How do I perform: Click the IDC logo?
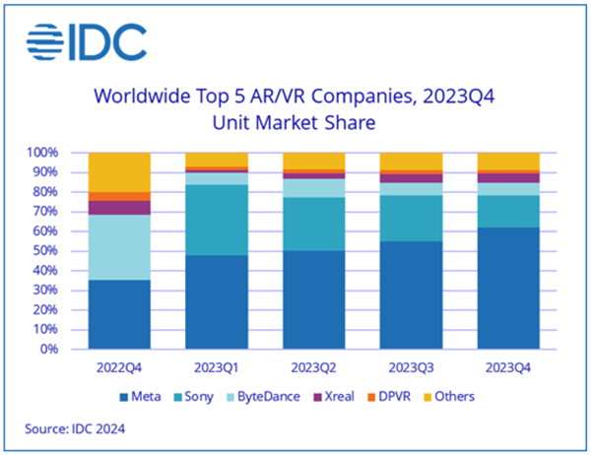coord(86,40)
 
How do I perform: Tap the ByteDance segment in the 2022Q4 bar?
coord(119,247)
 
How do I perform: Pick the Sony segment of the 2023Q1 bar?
coord(216,220)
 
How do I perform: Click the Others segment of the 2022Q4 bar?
coord(119,171)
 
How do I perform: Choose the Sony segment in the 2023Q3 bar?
coord(410,218)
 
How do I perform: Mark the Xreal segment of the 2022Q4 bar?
coord(119,207)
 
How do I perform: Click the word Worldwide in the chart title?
coord(136,97)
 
